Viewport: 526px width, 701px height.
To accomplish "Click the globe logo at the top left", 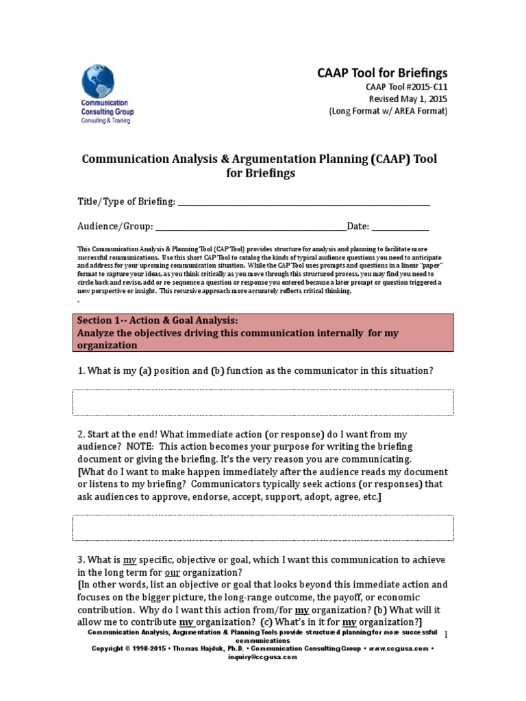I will coord(99,81).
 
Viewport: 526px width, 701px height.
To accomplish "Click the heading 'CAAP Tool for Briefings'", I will coord(381,73).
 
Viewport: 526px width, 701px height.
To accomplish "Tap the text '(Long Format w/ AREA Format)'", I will coord(388,112).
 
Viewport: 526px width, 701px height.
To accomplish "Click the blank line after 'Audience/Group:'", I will coord(251,227).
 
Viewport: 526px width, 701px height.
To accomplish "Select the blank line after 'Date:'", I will coord(401,227).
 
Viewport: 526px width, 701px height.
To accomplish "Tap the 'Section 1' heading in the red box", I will coord(158,320).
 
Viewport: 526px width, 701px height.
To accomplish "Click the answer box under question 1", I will coord(262,402).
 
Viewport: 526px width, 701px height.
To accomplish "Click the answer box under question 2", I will coord(262,528).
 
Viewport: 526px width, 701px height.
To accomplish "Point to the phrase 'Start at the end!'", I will coord(120,435).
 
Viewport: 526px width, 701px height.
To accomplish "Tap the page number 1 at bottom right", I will coord(446,635).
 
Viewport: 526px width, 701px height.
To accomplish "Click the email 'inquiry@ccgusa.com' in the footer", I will coord(263,657).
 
